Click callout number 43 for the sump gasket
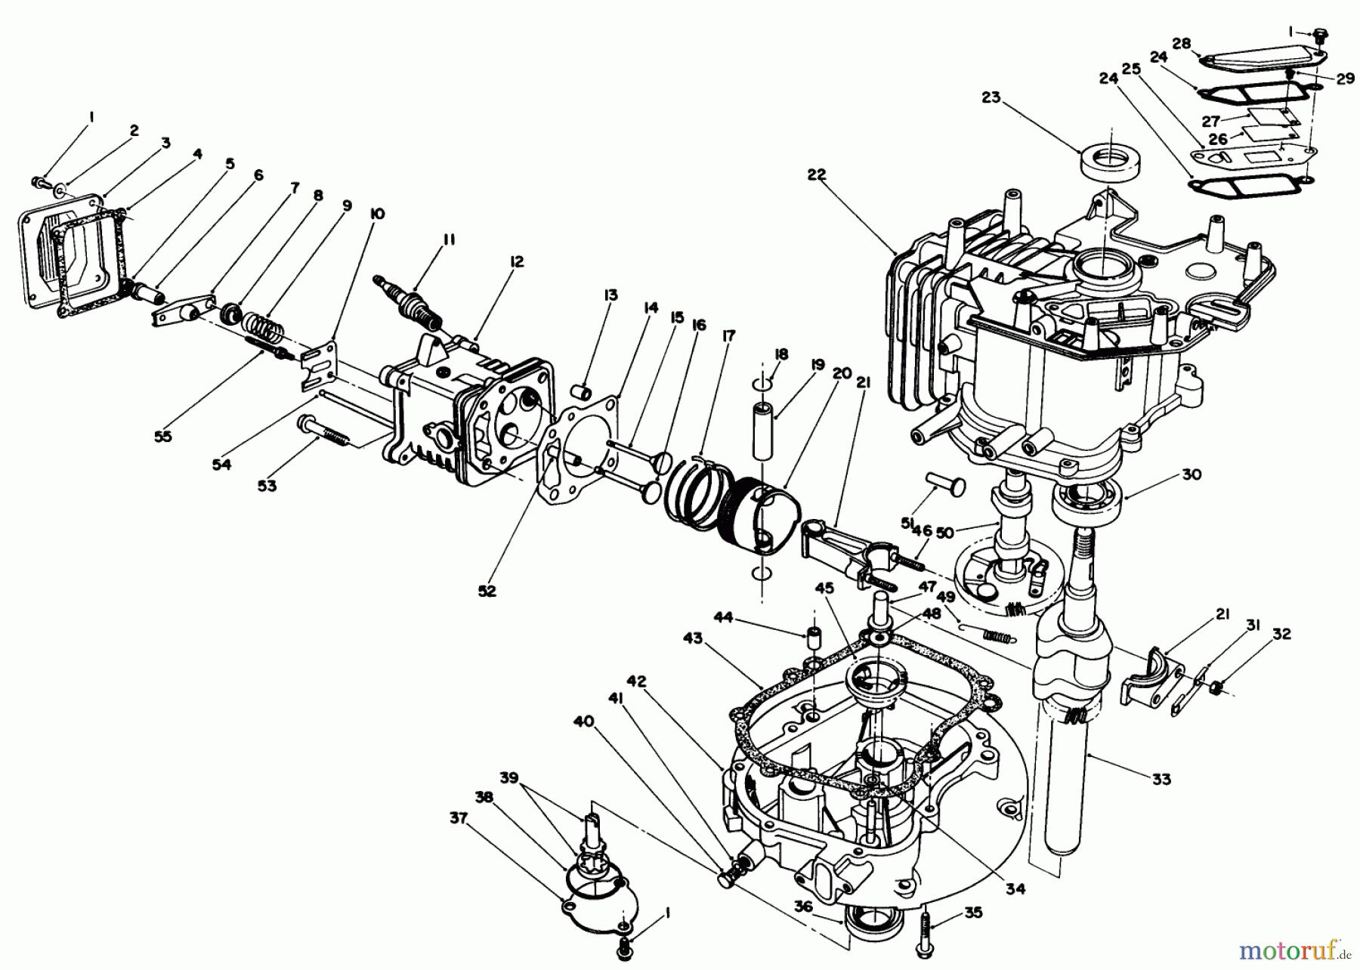pos(694,639)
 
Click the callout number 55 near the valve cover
pos(162,436)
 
